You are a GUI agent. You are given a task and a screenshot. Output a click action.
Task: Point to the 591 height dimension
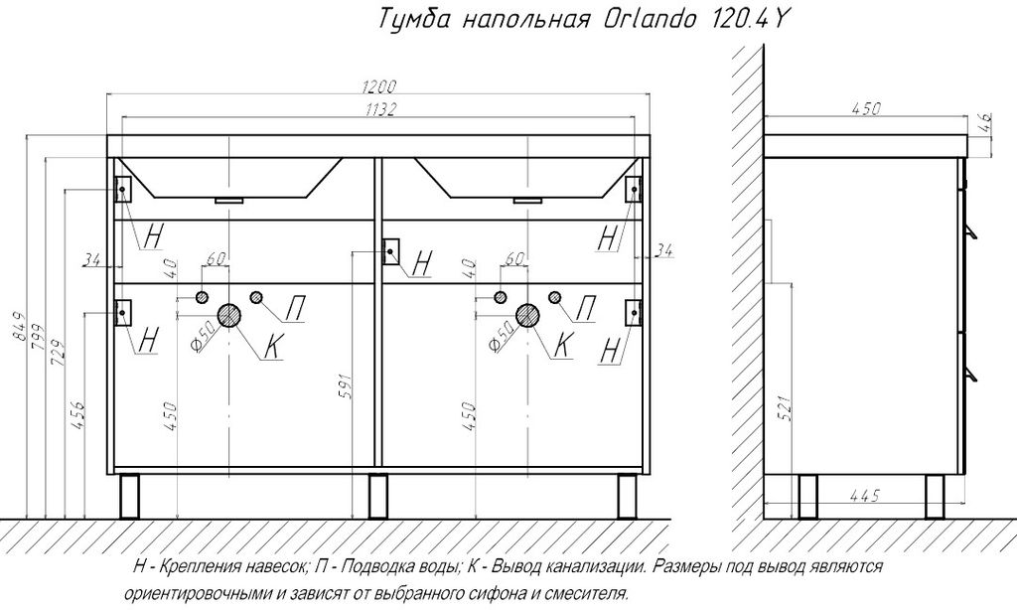pyautogui.click(x=345, y=386)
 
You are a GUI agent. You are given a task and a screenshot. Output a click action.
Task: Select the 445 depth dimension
pyautogui.click(x=864, y=496)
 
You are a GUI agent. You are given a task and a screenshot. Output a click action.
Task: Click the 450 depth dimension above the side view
pyautogui.click(x=865, y=108)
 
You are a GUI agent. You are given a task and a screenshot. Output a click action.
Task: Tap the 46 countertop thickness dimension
pyautogui.click(x=984, y=121)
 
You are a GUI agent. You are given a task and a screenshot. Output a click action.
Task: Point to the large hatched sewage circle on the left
pyautogui.click(x=229, y=315)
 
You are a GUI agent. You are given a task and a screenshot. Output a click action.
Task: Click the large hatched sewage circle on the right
pyautogui.click(x=527, y=315)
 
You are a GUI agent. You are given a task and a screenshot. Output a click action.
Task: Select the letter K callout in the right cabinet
pyautogui.click(x=563, y=345)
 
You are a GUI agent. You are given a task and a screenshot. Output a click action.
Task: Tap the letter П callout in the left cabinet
pyautogui.click(x=296, y=308)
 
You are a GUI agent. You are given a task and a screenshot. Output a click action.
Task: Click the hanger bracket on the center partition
pyautogui.click(x=391, y=251)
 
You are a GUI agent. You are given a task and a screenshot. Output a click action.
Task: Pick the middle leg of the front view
pyautogui.click(x=377, y=497)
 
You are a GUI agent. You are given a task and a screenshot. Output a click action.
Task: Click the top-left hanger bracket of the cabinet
pyautogui.click(x=122, y=189)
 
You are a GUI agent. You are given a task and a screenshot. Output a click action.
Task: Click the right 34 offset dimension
pyautogui.click(x=662, y=249)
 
